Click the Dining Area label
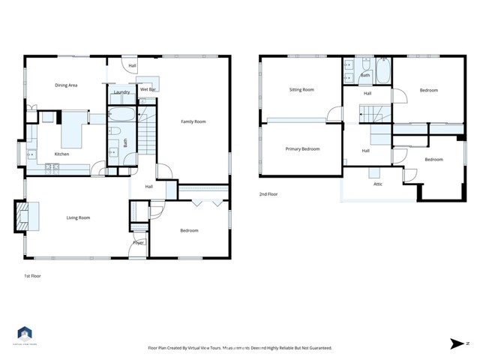point(67,85)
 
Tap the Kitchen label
point(62,154)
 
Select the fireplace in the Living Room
point(21,215)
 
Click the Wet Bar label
point(148,89)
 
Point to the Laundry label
point(121,92)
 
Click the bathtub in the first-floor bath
point(121,115)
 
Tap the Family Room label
point(193,121)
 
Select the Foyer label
point(139,243)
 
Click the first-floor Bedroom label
point(189,230)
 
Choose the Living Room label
point(79,217)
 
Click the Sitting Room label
point(301,89)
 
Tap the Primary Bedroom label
point(302,149)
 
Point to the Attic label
point(379,184)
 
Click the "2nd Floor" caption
point(268,194)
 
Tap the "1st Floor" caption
point(31,276)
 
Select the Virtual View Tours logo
point(25,334)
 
